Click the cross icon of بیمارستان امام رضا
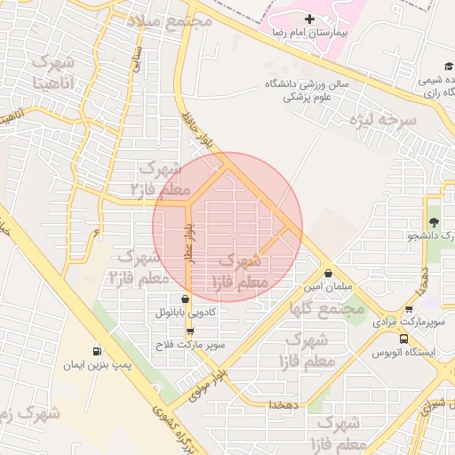click(x=309, y=20)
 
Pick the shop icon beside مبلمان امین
click(x=330, y=274)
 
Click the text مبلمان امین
click(x=328, y=288)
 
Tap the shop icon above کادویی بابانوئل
click(x=185, y=299)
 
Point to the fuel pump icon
click(x=97, y=351)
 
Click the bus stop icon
click(x=405, y=339)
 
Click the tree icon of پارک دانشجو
click(x=434, y=222)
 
